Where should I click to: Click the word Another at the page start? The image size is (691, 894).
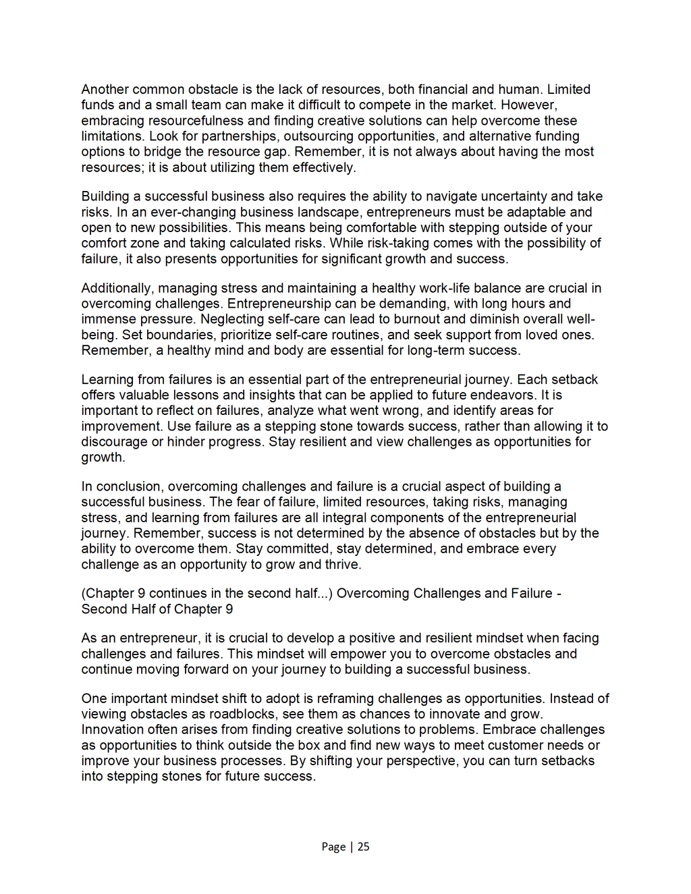106,89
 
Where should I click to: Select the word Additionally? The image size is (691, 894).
115,287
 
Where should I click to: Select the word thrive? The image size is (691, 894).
341,564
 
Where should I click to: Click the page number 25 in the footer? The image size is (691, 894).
363,846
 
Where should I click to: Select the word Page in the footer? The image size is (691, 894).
333,846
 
